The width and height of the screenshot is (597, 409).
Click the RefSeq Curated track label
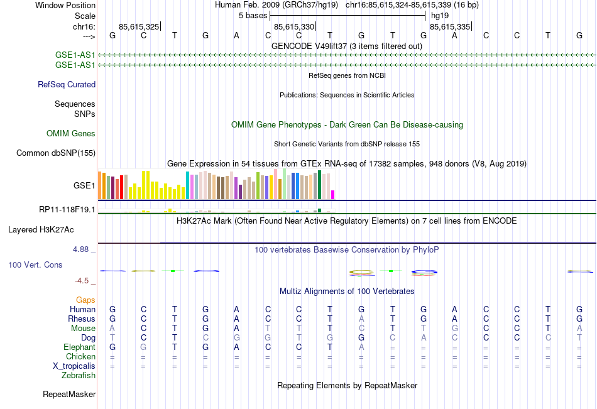click(67, 84)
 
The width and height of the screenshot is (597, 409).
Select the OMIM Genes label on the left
click(71, 133)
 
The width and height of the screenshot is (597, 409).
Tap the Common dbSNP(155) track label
click(56, 153)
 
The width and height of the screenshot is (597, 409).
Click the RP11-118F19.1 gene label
click(67, 209)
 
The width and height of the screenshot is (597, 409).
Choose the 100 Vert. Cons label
click(35, 265)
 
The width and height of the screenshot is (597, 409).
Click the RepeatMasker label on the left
click(69, 395)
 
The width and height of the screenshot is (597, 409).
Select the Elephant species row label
click(79, 347)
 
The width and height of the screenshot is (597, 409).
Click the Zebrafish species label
click(79, 375)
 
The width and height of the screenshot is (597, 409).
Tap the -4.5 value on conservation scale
click(82, 281)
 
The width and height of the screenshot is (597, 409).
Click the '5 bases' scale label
click(253, 15)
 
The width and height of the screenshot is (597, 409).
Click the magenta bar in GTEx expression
click(333, 194)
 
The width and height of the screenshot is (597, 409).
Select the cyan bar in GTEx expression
click(187, 185)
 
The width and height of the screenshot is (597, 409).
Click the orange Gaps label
click(85, 300)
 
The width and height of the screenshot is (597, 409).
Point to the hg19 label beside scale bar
click(439, 15)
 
